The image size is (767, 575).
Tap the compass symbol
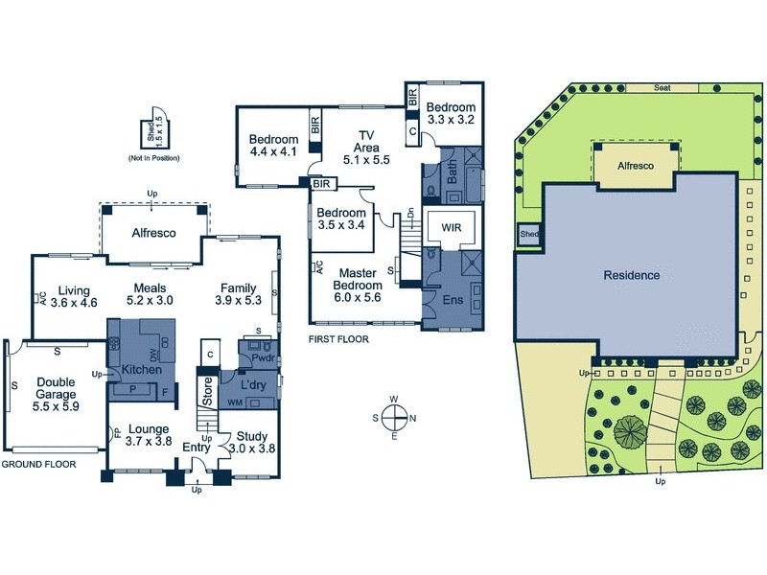pyautogui.click(x=393, y=417)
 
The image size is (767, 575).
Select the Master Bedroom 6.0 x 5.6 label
pyautogui.click(x=358, y=284)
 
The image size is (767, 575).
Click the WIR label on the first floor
pyautogui.click(x=452, y=228)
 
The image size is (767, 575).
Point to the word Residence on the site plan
pyautogui.click(x=631, y=275)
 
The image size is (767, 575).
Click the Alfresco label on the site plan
pyautogui.click(x=635, y=166)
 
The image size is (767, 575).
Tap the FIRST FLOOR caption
pyautogui.click(x=339, y=338)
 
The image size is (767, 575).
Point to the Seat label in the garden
pyautogui.click(x=661, y=87)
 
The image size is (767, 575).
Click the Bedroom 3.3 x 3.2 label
pyautogui.click(x=451, y=113)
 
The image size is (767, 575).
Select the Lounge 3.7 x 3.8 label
pyautogui.click(x=147, y=435)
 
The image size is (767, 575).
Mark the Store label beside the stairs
pyautogui.click(x=205, y=390)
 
